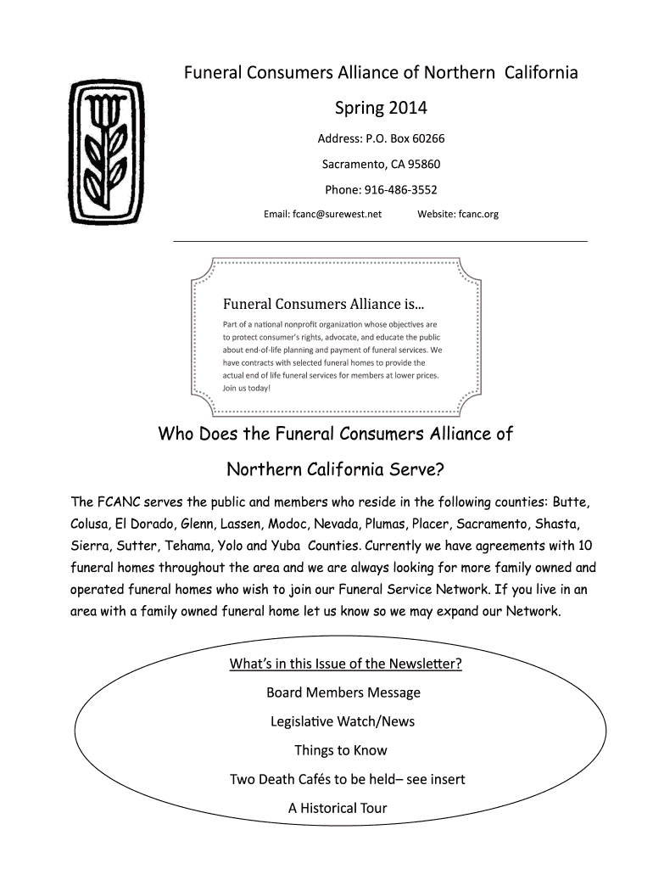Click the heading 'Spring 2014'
tap(381, 109)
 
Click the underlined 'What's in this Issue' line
tap(345, 663)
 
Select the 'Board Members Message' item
tap(343, 692)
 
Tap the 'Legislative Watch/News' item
tap(343, 721)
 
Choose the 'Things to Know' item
tap(340, 750)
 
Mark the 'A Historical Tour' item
tap(337, 808)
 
